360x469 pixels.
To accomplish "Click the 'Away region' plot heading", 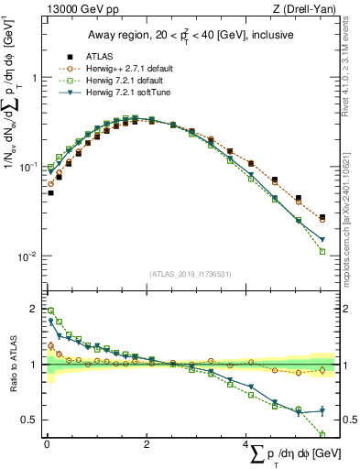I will coord(189,35).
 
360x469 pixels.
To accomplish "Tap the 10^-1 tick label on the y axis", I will coord(29,168).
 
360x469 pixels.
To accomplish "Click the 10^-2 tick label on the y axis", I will coord(29,256).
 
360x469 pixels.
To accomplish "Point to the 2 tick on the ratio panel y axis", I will coord(35,309).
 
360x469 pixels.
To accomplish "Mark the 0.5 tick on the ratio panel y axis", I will coord(31,420).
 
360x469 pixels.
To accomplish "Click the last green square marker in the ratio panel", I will coord(322,434).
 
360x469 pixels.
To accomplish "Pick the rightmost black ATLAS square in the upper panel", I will coord(322,217).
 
